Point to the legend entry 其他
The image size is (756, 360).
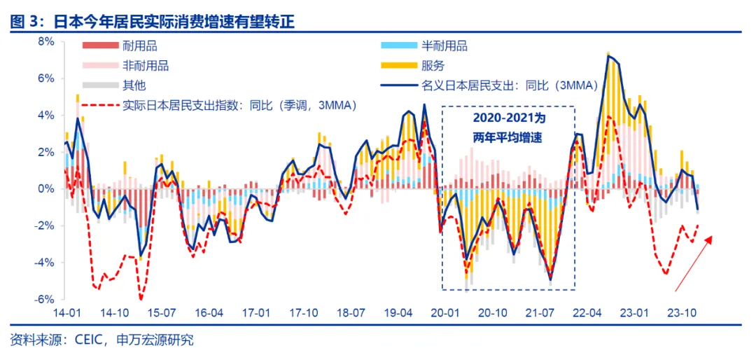click(x=134, y=85)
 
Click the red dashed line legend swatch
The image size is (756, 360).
click(x=99, y=106)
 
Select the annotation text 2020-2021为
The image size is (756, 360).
click(x=507, y=119)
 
